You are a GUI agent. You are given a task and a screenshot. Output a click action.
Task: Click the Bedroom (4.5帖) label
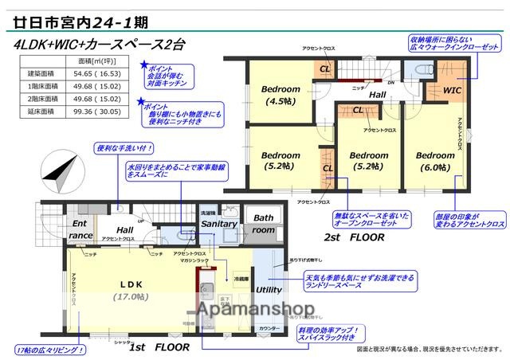[280, 96]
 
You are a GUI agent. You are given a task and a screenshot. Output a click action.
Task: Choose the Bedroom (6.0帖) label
[435, 161]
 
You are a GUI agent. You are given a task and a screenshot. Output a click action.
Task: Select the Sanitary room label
[218, 225]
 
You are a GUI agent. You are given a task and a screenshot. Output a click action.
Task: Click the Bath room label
[262, 223]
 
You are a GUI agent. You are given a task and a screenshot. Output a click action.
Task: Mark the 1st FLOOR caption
[159, 347]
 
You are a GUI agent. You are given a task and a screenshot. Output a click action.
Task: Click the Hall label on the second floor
[378, 95]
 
